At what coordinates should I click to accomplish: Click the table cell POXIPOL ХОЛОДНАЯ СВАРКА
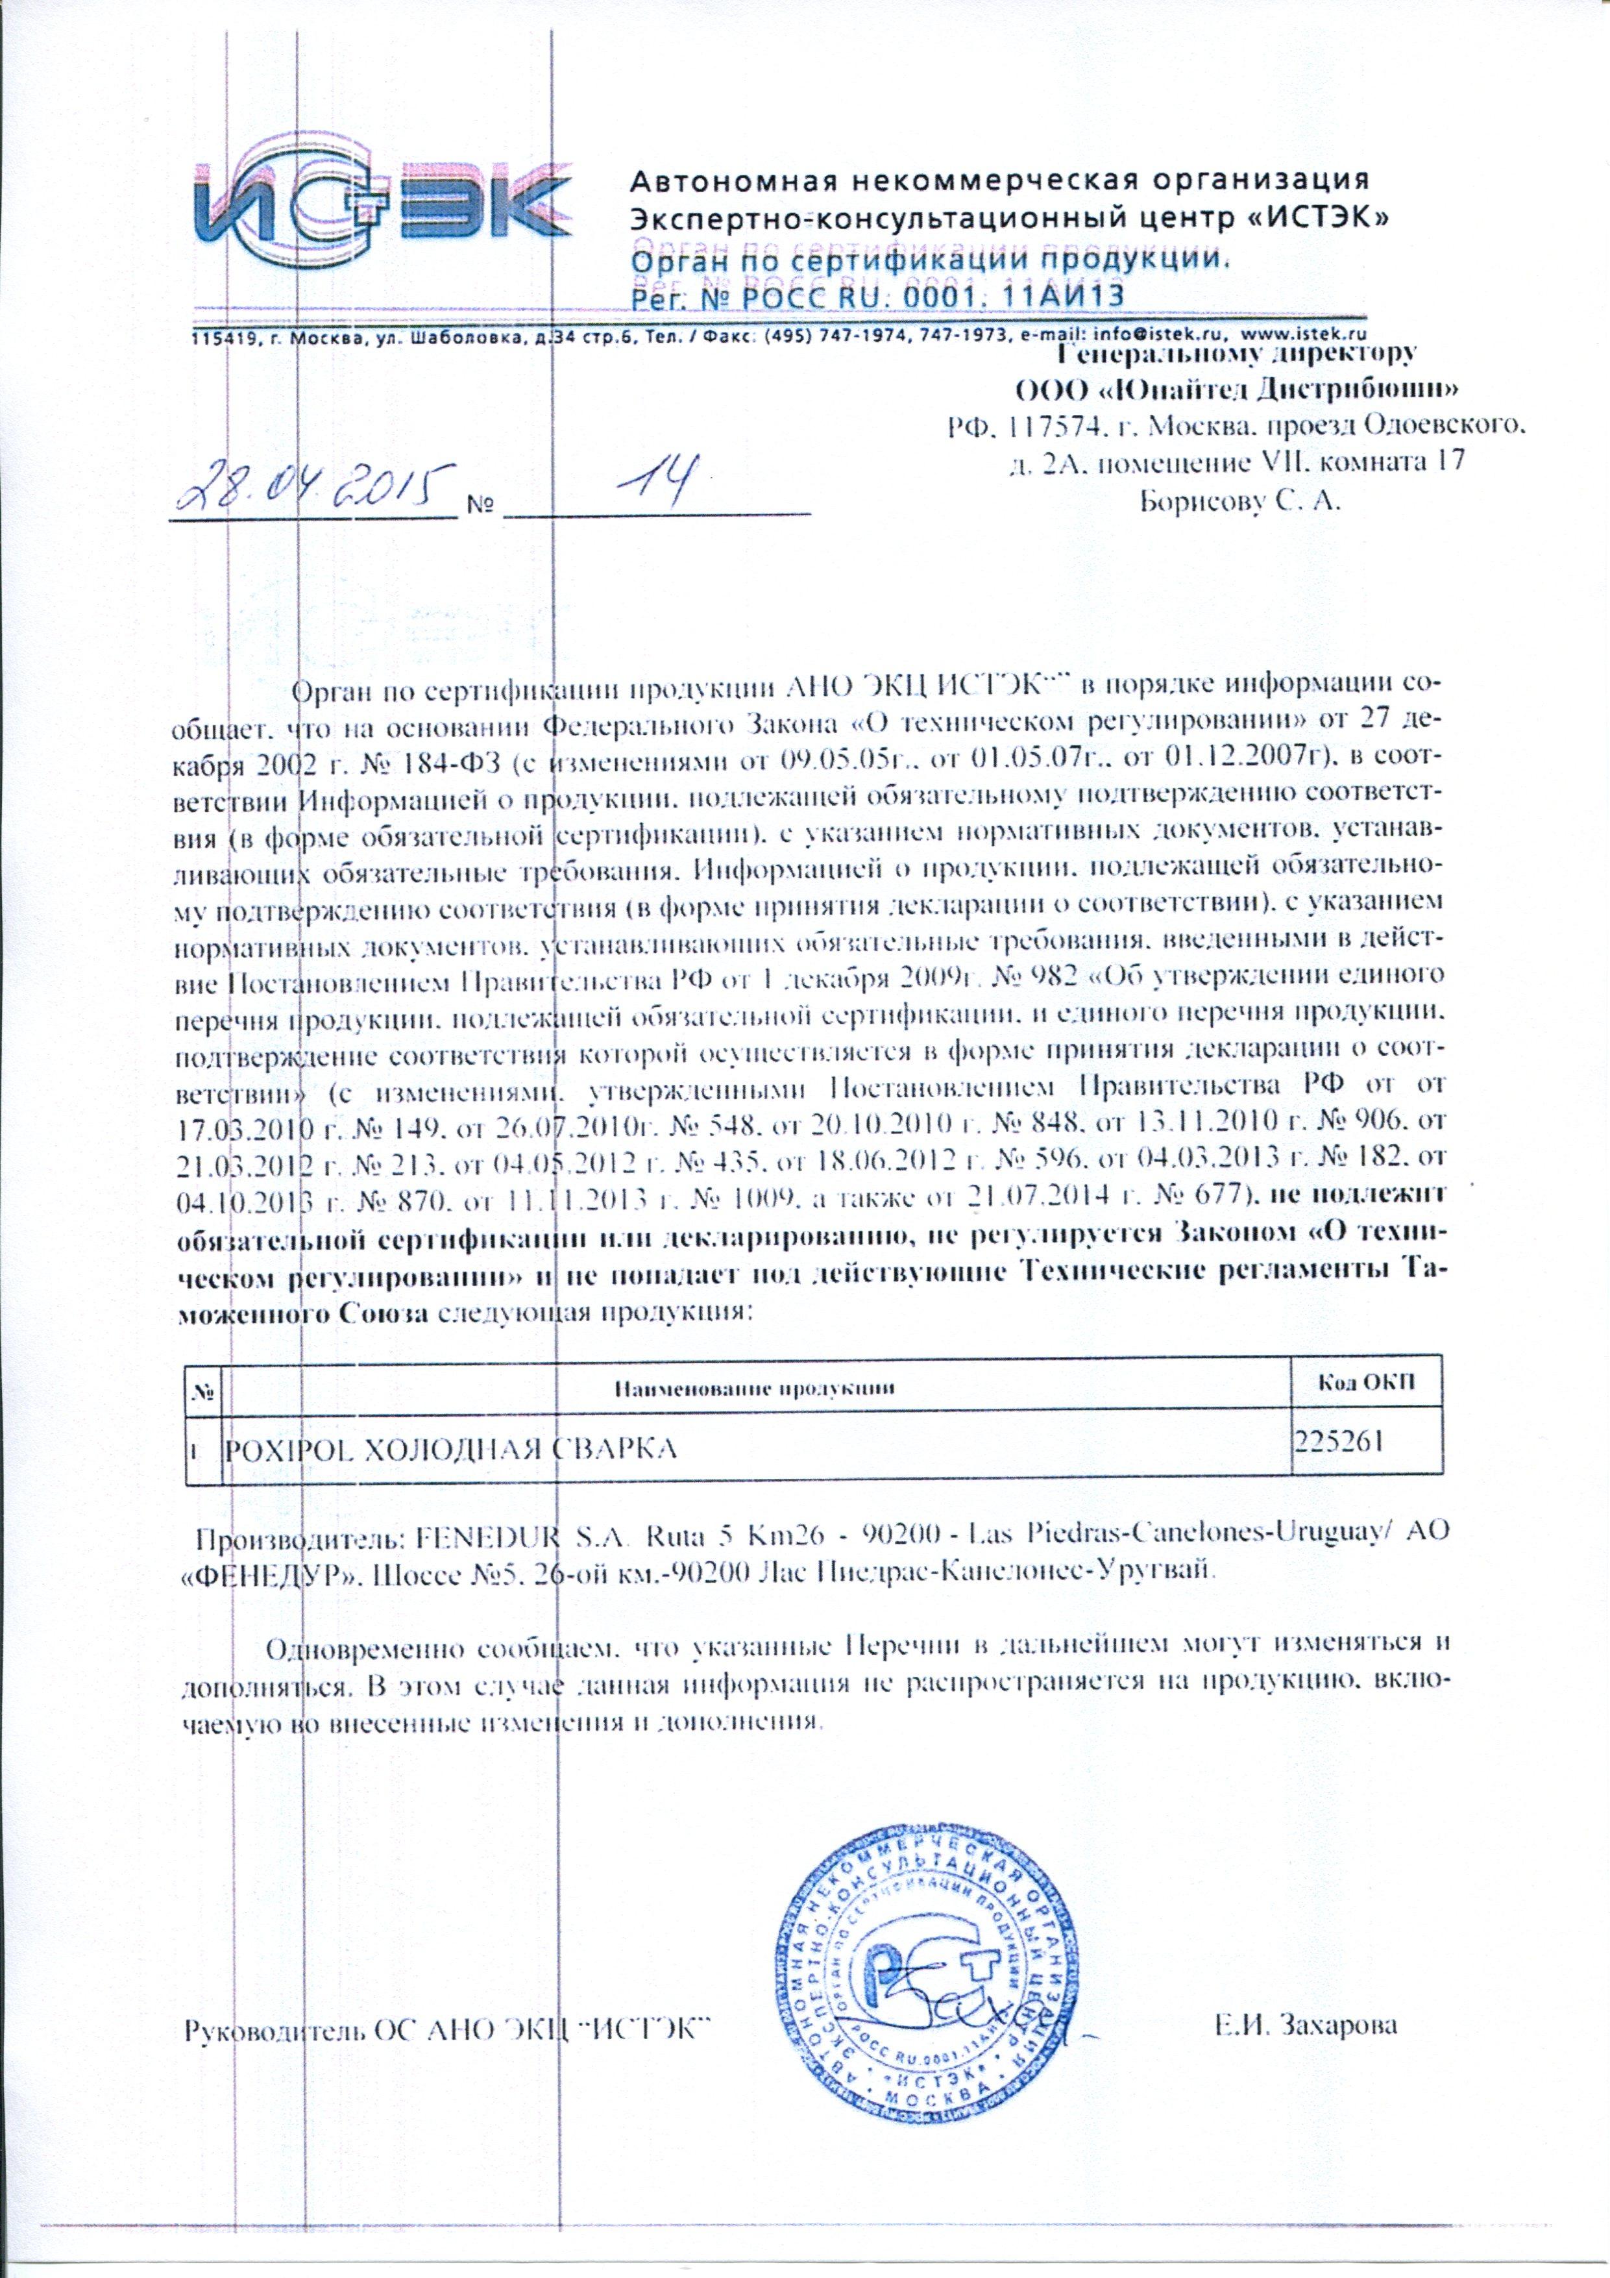coord(452,1450)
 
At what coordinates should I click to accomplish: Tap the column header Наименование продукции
coord(754,1387)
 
